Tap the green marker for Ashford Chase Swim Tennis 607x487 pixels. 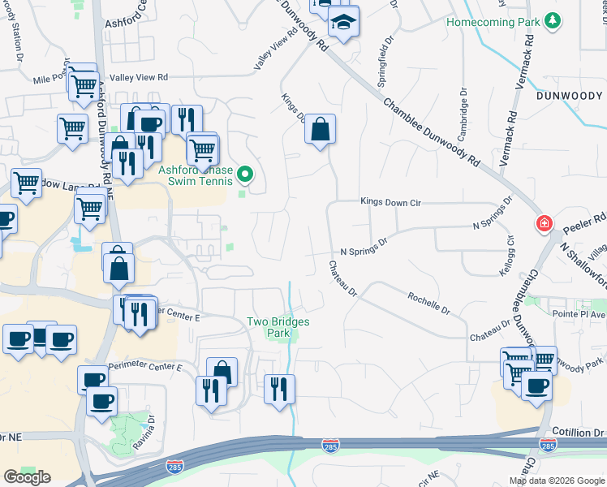pos(243,173)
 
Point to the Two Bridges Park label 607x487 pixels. pos(278,327)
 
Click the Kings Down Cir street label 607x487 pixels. pos(392,202)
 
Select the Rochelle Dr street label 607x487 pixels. pos(428,304)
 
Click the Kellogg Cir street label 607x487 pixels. pos(510,252)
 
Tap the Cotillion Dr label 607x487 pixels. pos(579,432)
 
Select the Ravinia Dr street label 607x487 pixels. pos(151,424)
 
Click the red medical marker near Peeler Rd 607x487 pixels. pos(543,223)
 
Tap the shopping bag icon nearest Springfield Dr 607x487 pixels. pos(321,128)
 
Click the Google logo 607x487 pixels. pos(27,477)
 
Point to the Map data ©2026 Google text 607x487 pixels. pos(557,481)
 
